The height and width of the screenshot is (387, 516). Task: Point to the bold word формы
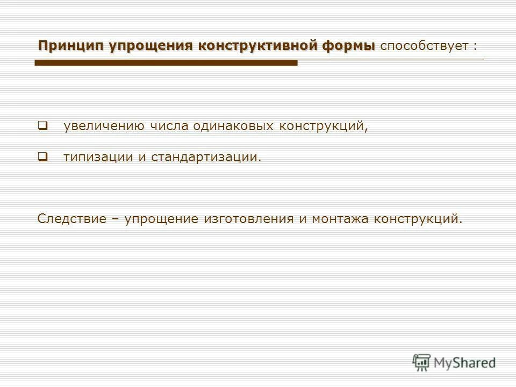tap(349, 46)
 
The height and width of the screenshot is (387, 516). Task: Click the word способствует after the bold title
tap(424, 46)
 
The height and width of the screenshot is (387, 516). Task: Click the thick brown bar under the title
tap(166, 63)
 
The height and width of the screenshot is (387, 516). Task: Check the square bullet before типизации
tap(42, 157)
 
